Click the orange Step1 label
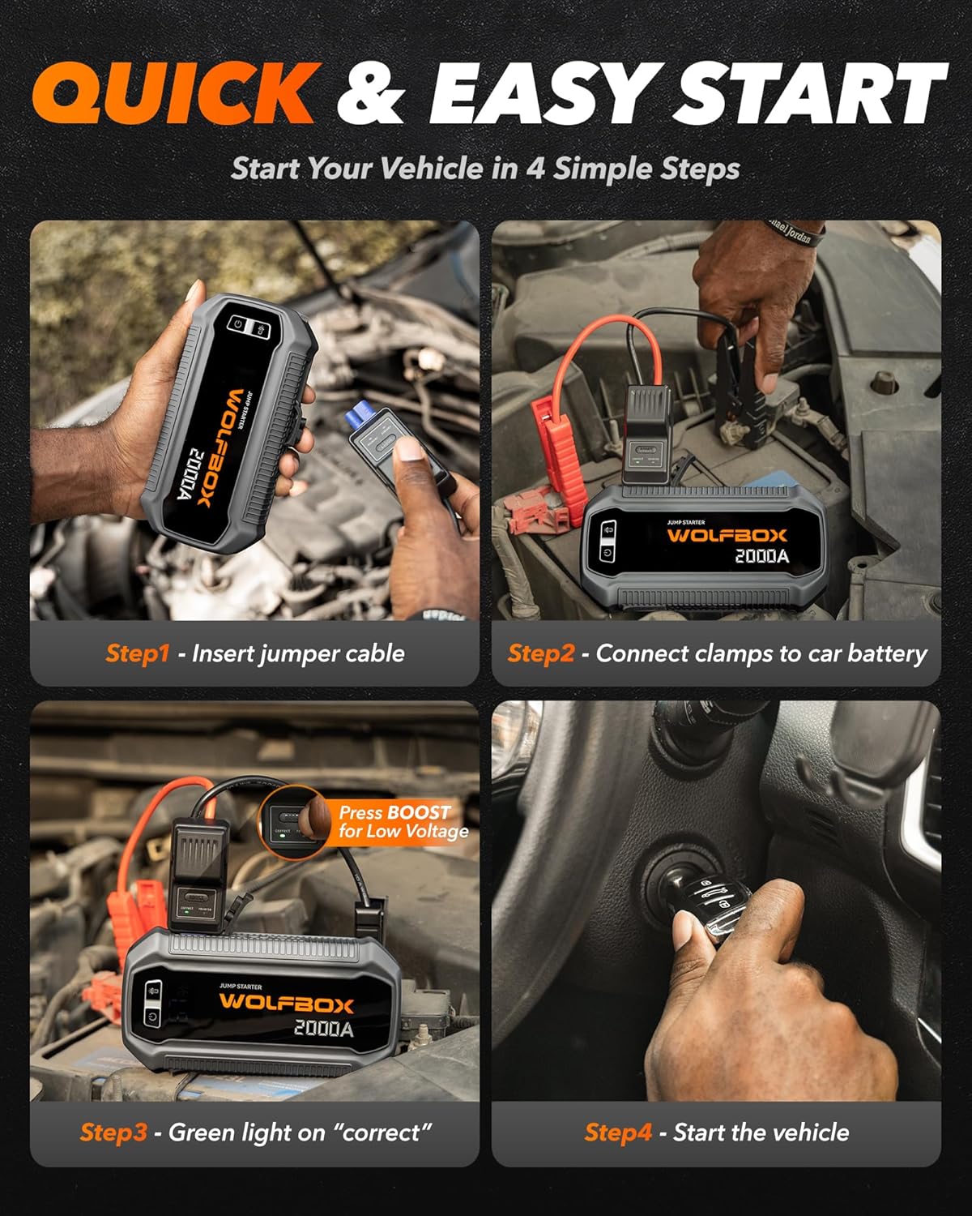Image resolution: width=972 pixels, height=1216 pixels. pyautogui.click(x=137, y=653)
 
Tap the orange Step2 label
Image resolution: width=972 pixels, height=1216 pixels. pyautogui.click(x=540, y=653)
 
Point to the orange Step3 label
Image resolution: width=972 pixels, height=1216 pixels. pyautogui.click(x=113, y=1133)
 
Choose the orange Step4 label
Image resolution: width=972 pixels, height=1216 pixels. pyautogui.click(x=617, y=1133)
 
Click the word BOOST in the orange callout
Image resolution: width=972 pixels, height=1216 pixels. pyautogui.click(x=418, y=812)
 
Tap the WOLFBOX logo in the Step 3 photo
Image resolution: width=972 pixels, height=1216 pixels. pyautogui.click(x=286, y=1004)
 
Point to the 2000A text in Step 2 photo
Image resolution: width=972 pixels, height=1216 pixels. pyautogui.click(x=761, y=556)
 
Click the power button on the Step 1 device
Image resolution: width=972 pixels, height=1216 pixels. pyautogui.click(x=238, y=323)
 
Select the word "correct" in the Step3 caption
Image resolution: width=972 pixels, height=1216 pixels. pyautogui.click(x=381, y=1133)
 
